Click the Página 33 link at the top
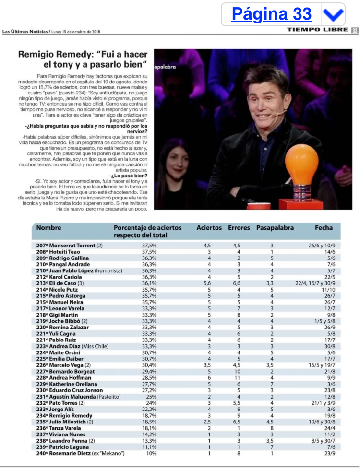(271, 15)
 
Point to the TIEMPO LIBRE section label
(317, 30)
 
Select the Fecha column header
(324, 228)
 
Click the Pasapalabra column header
(275, 228)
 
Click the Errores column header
(239, 228)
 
